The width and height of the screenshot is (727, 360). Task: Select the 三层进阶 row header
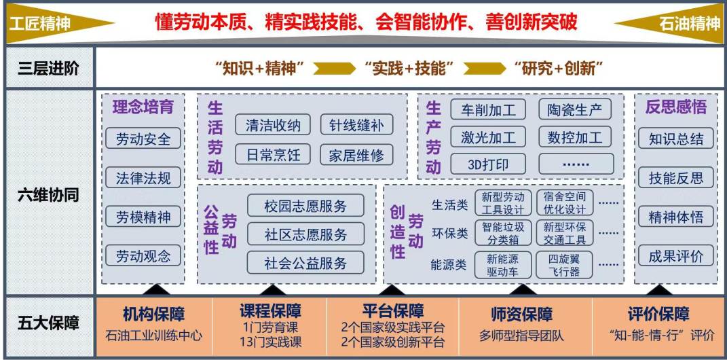coord(47,68)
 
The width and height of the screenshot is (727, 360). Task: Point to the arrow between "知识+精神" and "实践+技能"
coord(333,68)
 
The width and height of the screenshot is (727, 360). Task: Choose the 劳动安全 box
coord(143,139)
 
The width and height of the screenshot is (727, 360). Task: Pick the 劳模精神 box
coord(143,217)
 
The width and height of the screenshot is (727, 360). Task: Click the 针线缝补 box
coord(356,125)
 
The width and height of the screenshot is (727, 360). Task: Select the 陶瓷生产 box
coord(574,109)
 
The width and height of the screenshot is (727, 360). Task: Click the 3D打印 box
coord(488,164)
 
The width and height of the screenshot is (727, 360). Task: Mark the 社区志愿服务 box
coord(305,234)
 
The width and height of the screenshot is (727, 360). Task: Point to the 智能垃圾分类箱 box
coord(502,232)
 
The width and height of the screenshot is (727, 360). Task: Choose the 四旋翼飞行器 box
coord(563,265)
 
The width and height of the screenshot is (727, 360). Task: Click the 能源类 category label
coord(449,265)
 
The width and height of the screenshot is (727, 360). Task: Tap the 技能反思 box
coord(676,178)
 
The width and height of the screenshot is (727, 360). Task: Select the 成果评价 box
coord(676,256)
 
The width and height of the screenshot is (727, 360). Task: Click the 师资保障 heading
coord(521,314)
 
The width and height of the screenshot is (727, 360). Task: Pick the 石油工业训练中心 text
coord(154,335)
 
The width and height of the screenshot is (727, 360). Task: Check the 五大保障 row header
coord(47,323)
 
